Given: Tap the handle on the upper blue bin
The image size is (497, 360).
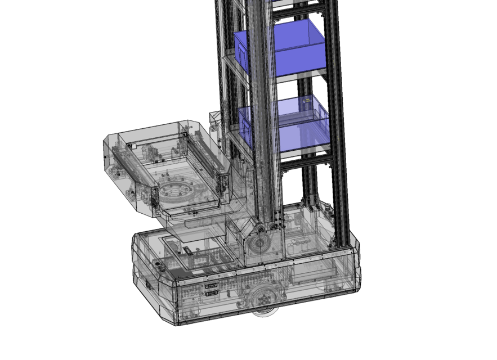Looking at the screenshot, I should click(x=241, y=56).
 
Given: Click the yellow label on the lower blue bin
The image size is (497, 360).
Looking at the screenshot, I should click(x=307, y=101).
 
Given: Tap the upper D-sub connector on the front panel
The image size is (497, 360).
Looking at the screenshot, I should click(x=213, y=286).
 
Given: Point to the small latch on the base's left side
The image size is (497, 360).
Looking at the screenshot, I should click(x=149, y=285).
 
